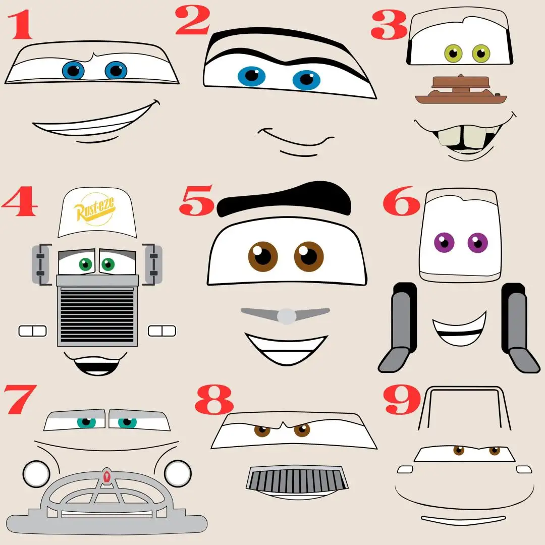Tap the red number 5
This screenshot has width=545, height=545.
[x=197, y=200]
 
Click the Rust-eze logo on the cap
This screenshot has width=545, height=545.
[x=94, y=209]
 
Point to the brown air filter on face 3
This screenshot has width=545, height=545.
[x=461, y=90]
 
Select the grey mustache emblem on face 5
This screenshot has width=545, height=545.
[x=285, y=315]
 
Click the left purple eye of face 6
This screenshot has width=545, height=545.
[x=444, y=242]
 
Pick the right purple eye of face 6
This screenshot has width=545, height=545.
[x=478, y=243]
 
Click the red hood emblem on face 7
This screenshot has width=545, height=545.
[x=106, y=476]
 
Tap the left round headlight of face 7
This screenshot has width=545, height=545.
[x=36, y=474]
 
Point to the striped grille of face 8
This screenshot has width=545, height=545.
[x=297, y=479]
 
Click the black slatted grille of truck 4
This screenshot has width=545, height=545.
[x=97, y=314]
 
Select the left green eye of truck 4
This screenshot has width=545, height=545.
[x=85, y=264]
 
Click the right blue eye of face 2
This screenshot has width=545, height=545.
[x=306, y=80]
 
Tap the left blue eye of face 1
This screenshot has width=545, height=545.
[x=73, y=71]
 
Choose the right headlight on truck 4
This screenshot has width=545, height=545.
[x=162, y=331]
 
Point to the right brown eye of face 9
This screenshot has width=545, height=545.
[x=494, y=451]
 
